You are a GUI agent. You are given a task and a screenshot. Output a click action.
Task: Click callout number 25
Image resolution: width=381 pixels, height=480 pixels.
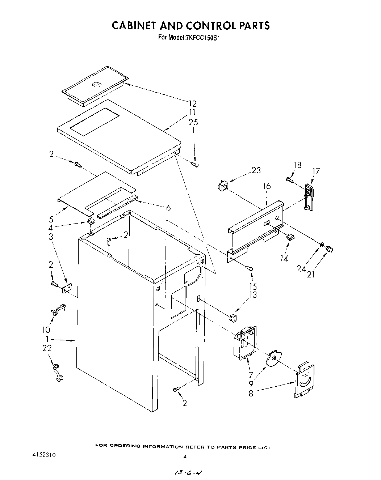193,122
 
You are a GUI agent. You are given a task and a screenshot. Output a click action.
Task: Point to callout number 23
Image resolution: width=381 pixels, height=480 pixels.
256,170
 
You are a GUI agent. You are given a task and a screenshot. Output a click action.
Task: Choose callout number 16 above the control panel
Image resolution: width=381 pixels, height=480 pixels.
267,186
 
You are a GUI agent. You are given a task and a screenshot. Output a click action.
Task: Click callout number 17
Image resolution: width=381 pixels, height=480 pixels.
316,171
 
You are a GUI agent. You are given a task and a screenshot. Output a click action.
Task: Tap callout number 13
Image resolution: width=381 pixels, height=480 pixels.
253,295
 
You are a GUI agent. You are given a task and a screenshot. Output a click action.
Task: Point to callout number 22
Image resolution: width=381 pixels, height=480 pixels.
47,348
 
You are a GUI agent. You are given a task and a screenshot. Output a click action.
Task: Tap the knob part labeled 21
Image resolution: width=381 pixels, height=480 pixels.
330,249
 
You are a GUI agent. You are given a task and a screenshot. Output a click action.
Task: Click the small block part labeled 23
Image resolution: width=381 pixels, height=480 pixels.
222,187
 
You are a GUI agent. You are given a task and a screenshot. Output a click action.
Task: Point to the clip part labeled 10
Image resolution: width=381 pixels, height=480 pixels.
57,310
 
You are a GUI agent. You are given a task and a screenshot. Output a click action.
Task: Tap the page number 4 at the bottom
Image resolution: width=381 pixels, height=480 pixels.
185,457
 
